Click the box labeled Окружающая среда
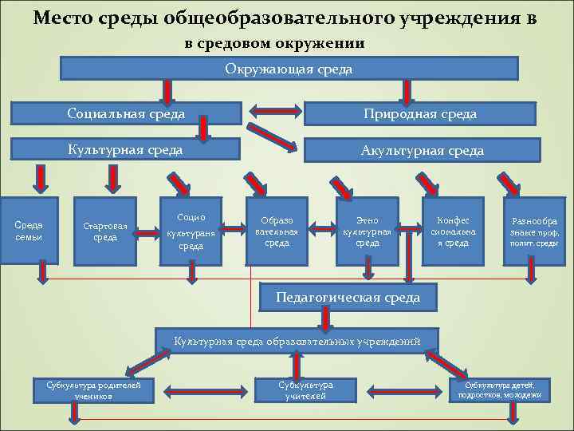[x=289, y=69]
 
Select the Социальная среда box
[x=126, y=114]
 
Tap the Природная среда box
[x=420, y=114]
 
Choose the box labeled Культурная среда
[x=126, y=149]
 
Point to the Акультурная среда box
[x=420, y=150]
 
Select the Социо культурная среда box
[x=191, y=231]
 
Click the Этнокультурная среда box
[x=367, y=231]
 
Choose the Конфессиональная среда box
[x=452, y=231]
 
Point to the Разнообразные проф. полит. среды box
[x=534, y=231]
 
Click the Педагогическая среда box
[x=348, y=298]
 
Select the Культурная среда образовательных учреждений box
[x=297, y=341]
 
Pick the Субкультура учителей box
[x=306, y=389]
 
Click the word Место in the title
[x=65, y=18]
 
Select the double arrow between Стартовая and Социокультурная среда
[x=146, y=232]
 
